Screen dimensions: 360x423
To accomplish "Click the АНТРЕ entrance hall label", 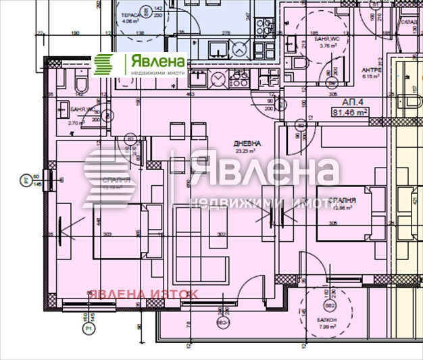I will (372, 70).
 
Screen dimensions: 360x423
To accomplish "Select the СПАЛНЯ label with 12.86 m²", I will (343, 201).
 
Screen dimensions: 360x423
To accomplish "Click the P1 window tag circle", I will (88, 329).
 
